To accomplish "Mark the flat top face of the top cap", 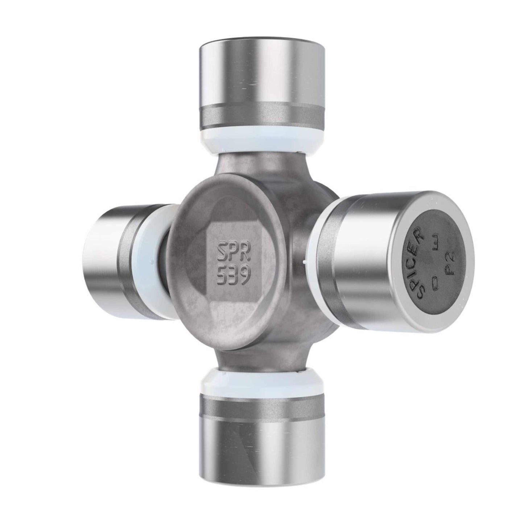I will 261,47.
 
